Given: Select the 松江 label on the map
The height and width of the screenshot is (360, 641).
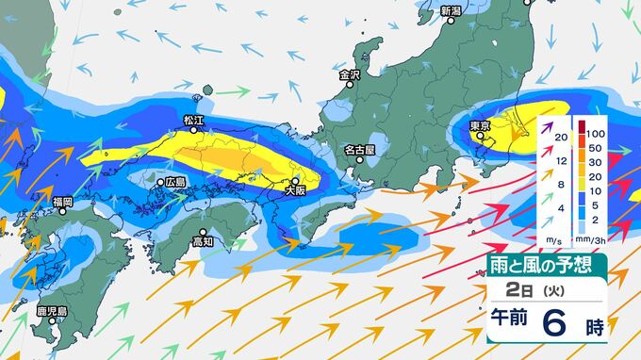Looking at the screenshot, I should [194, 120].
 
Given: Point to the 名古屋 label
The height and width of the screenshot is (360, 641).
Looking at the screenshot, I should [359, 149].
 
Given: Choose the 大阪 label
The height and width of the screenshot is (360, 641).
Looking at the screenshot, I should [295, 190].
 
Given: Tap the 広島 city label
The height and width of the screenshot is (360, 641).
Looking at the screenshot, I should [175, 181].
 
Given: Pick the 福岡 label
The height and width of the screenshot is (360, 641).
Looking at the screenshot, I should [62, 202].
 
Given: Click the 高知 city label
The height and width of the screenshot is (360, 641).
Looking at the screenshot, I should [203, 241].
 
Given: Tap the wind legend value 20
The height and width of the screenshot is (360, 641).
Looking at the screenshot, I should [561, 138].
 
